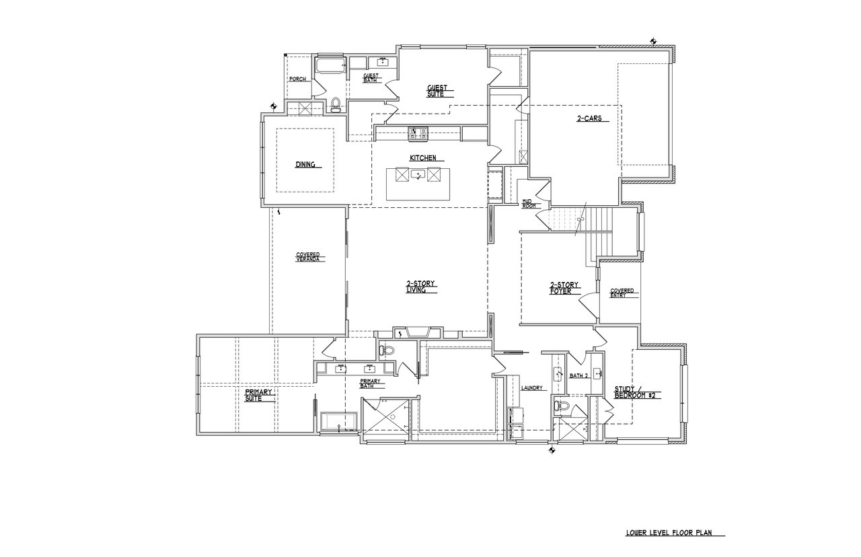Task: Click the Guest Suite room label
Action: tap(441, 91)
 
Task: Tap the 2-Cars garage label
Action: tap(583, 119)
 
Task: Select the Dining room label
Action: tap(305, 164)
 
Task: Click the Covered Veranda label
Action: tap(308, 258)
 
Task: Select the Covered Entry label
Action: tap(622, 293)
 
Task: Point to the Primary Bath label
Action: tap(371, 383)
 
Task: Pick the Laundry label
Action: tap(531, 387)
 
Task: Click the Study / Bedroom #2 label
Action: tap(634, 392)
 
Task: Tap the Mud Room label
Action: tap(529, 203)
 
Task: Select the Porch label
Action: tap(297, 79)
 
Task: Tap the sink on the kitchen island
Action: tap(418, 176)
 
